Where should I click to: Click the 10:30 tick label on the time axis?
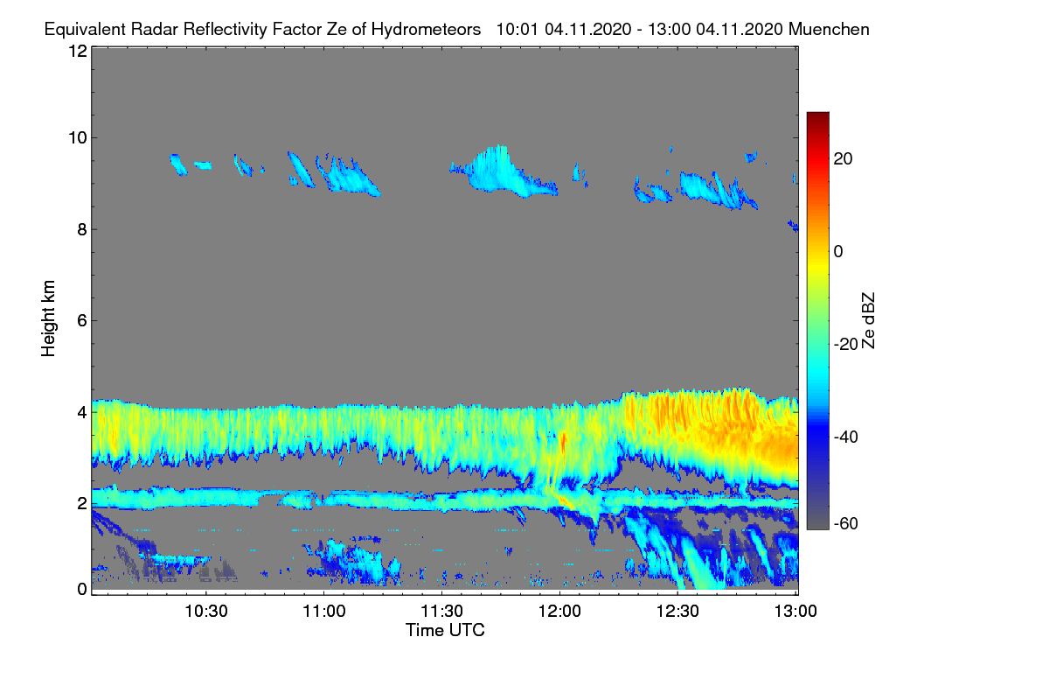pyautogui.click(x=206, y=612)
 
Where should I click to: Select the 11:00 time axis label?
pyautogui.click(x=324, y=612)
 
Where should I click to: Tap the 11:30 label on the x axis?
pyautogui.click(x=441, y=612)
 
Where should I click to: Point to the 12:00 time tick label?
pyautogui.click(x=559, y=612)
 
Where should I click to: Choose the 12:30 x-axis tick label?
pyautogui.click(x=677, y=612)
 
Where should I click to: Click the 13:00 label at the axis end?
pyautogui.click(x=795, y=612)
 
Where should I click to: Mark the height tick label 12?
pyautogui.click(x=78, y=51)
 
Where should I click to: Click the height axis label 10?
pyautogui.click(x=78, y=138)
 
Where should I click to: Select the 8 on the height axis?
pyautogui.click(x=82, y=230)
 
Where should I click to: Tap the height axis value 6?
pyautogui.click(x=82, y=321)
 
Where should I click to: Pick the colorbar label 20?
pyautogui.click(x=843, y=159)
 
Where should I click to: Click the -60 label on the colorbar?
pyautogui.click(x=846, y=524)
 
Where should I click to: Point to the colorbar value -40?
pyautogui.click(x=846, y=437)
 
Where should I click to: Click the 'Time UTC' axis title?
pyautogui.click(x=445, y=630)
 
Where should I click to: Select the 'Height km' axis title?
pyautogui.click(x=48, y=318)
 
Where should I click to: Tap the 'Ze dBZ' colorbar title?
pyautogui.click(x=868, y=321)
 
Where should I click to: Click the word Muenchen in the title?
pyautogui.click(x=829, y=30)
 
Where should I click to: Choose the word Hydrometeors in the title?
pyautogui.click(x=427, y=30)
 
